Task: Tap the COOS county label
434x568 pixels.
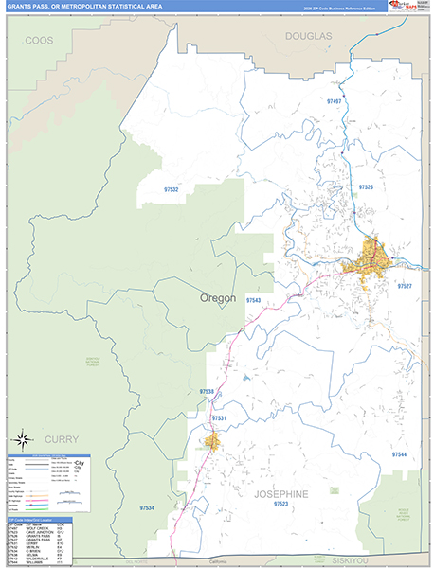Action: coord(39,41)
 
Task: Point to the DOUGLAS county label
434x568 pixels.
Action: coord(309,35)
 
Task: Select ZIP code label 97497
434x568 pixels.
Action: coord(333,100)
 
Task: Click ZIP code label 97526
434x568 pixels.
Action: coord(366,187)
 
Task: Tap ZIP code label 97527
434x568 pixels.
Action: coord(405,285)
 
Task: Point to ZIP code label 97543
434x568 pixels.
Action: coord(253,299)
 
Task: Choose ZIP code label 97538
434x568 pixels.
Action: coord(208,390)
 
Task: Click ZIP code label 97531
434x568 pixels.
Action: coord(219,417)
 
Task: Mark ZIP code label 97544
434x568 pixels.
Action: coord(400,454)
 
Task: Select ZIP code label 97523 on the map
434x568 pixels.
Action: coord(280,504)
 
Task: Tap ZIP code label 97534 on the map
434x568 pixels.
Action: coord(145,508)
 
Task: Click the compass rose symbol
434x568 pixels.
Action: coord(22,438)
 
